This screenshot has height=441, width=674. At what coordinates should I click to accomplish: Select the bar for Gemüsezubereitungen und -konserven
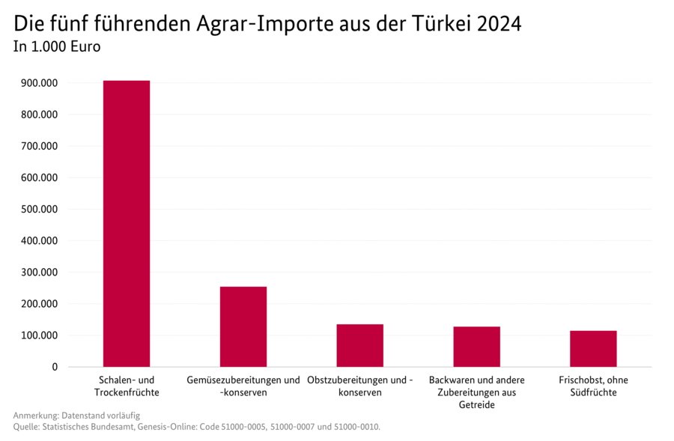[x=243, y=326]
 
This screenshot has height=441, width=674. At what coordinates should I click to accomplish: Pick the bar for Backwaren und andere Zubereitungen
[x=476, y=347]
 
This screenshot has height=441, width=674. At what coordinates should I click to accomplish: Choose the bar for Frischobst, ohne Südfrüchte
[x=593, y=348]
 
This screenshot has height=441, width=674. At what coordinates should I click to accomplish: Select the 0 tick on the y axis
[x=55, y=367]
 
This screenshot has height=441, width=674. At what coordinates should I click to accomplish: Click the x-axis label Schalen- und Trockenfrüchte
[x=127, y=386]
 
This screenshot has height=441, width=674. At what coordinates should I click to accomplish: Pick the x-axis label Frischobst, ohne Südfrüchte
[x=593, y=386]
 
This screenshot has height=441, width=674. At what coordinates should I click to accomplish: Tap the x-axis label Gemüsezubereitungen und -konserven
[x=243, y=386]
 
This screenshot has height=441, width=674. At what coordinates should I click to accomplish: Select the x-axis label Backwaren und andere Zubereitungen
[x=476, y=392]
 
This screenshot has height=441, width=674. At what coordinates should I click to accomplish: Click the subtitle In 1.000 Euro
[x=57, y=46]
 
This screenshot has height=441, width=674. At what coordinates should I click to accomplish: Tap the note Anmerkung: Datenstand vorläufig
[x=76, y=416]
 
